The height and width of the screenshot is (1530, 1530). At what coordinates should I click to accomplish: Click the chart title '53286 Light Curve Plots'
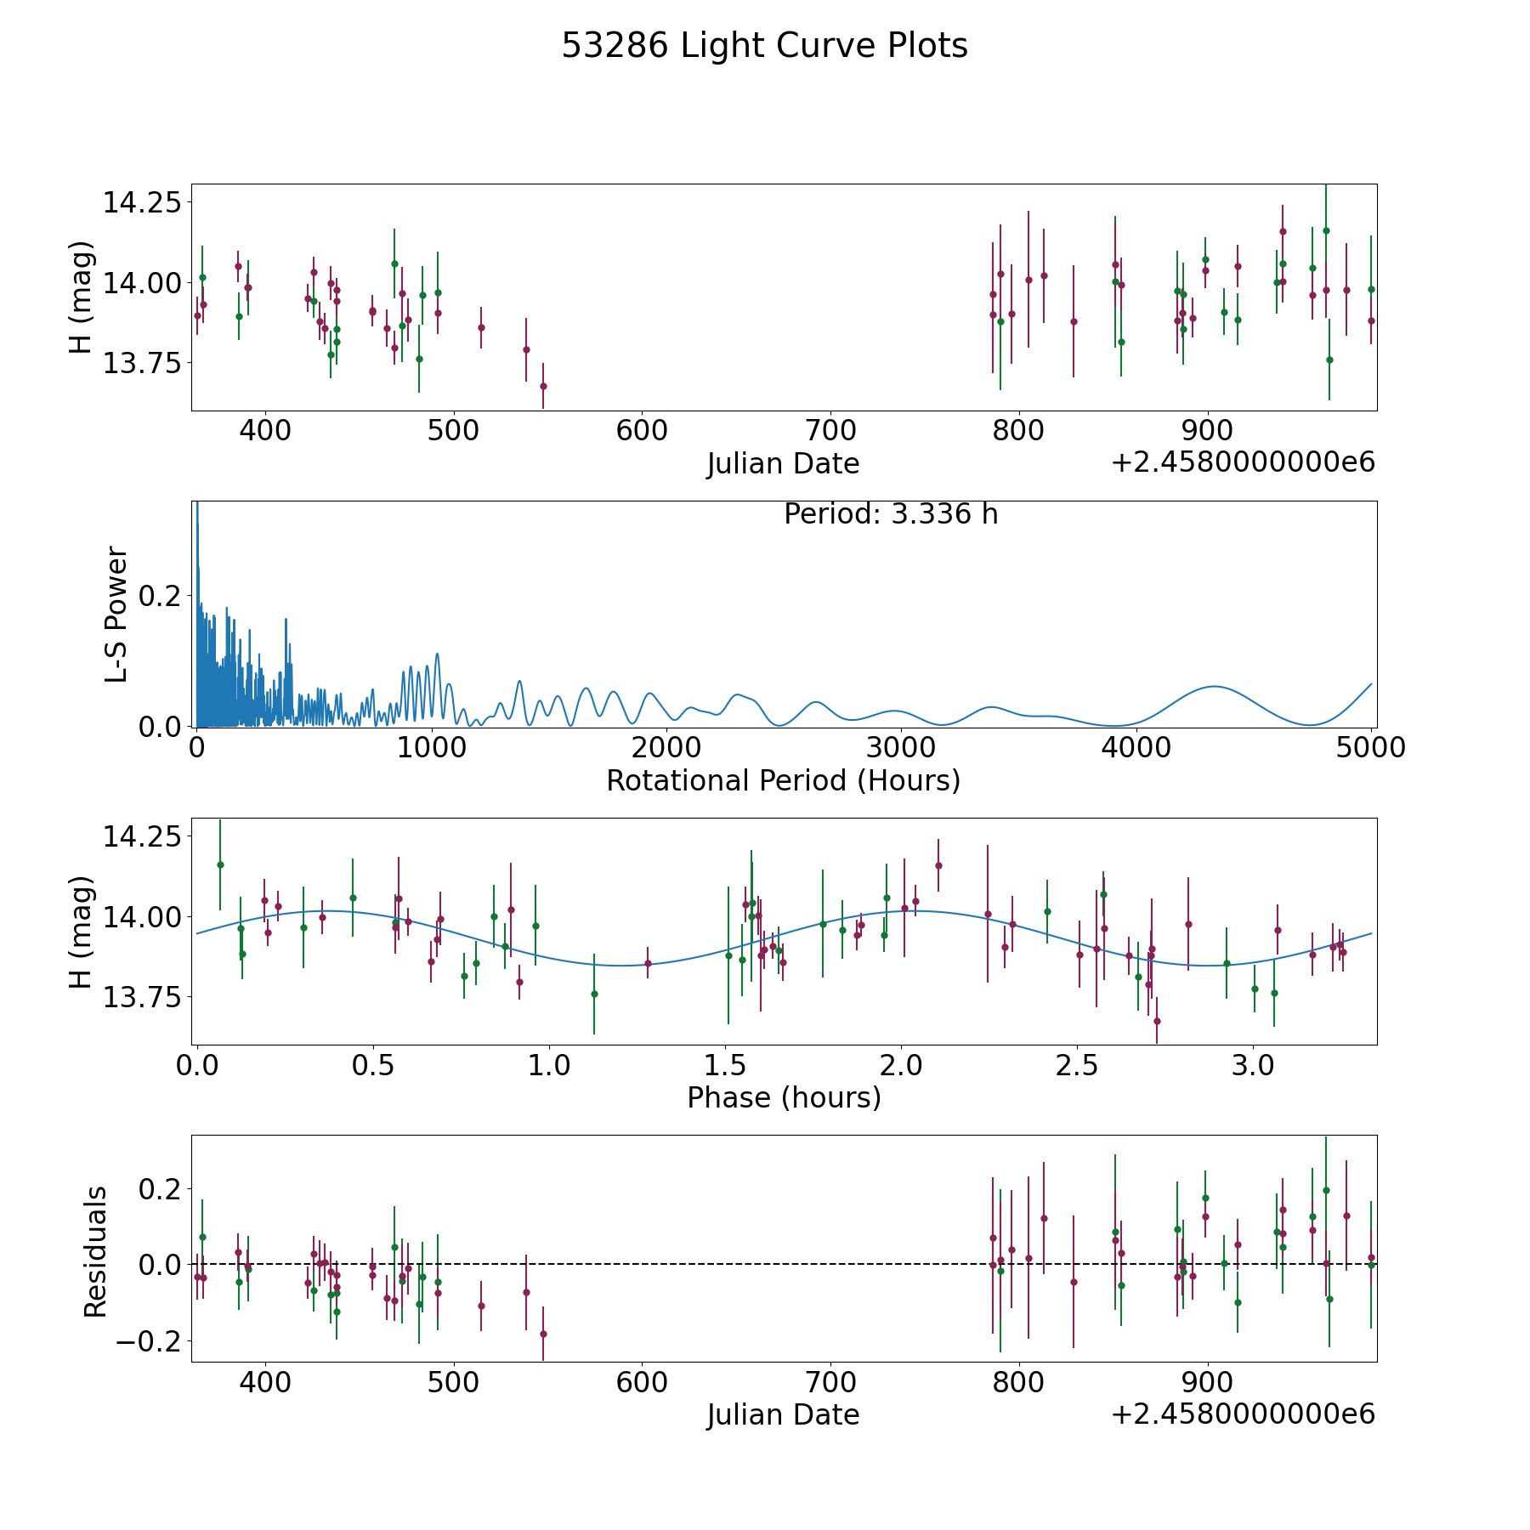[764, 46]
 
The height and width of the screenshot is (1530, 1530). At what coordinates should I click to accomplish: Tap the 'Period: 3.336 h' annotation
[891, 514]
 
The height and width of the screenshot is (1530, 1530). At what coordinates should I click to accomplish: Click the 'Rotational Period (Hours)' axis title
[783, 780]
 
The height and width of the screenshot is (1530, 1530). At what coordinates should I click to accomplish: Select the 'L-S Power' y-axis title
[116, 614]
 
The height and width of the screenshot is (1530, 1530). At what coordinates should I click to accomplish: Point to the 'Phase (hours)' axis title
[784, 1097]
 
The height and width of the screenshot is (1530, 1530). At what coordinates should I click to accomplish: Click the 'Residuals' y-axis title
[95, 1252]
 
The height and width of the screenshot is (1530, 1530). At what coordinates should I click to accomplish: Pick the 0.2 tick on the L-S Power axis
[161, 596]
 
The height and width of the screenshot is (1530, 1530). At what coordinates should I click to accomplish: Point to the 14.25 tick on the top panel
[143, 203]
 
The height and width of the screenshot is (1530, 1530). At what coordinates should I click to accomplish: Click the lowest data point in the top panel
[543, 386]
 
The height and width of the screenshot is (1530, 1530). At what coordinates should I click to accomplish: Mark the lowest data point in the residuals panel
[543, 1334]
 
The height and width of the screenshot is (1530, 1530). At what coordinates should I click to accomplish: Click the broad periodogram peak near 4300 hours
[1215, 686]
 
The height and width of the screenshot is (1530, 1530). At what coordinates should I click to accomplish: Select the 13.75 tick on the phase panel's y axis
[143, 996]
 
